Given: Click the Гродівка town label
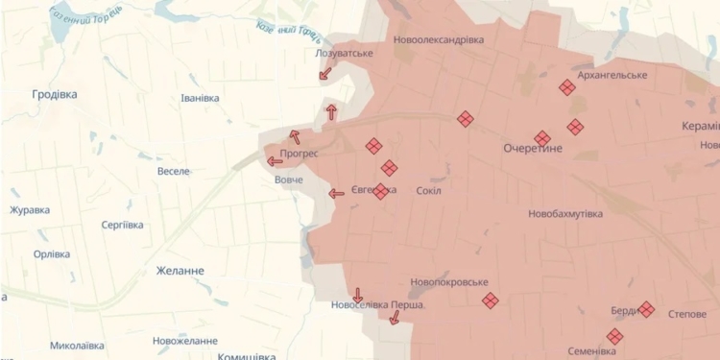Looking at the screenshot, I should click(54, 94).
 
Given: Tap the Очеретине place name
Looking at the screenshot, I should click(533, 150).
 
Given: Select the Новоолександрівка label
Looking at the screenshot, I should click(439, 39).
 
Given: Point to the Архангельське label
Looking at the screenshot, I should click(612, 74).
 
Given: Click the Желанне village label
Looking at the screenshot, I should click(180, 271).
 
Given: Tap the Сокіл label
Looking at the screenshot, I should click(429, 190).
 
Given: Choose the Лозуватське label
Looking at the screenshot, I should click(344, 52).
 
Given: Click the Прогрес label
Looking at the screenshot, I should click(300, 153).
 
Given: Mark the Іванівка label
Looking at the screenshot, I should click(201, 98).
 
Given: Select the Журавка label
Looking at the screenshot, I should click(30, 209).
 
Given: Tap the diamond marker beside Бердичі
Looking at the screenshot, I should click(646, 309).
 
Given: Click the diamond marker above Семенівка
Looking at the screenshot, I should click(614, 336).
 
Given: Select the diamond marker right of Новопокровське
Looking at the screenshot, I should click(490, 300).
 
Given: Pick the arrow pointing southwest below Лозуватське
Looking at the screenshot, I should click(324, 72).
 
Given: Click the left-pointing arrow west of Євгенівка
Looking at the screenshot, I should click(336, 193).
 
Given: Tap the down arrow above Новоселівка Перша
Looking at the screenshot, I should click(358, 295).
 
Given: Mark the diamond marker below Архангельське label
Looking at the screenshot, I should click(567, 87).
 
